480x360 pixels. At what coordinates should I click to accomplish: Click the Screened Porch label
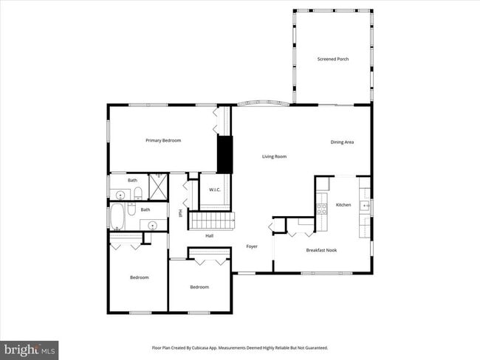coord(332,59)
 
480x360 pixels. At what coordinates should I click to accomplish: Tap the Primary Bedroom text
coord(162,140)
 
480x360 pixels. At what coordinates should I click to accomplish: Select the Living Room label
coord(274,156)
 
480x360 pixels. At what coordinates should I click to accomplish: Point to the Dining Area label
coord(341,142)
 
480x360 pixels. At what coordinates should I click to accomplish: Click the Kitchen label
coord(343,204)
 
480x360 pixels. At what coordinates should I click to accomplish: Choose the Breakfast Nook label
coord(321,251)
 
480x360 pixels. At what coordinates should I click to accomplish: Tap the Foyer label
coord(251,246)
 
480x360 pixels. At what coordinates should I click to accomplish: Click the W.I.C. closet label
coord(215,190)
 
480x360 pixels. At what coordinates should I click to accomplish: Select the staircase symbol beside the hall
coord(212,219)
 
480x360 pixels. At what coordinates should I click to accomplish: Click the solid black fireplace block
coord(224,154)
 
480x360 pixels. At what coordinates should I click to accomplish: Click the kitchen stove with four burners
coord(321,208)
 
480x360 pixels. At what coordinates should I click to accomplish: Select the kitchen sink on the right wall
coord(364,204)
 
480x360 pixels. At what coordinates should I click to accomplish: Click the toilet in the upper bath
coord(137,194)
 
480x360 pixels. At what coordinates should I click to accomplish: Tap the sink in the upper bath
coord(120,195)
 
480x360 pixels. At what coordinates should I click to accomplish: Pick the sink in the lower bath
coord(151,225)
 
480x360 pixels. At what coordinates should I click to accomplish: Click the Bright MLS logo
coord(30,349)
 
